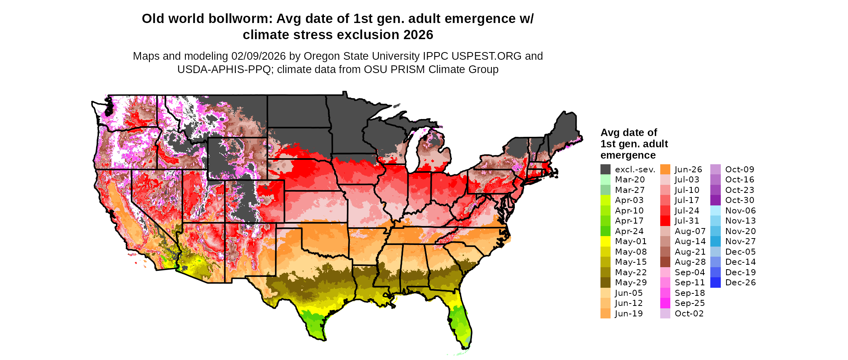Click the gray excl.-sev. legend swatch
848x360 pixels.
605,170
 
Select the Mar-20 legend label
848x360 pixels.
630,180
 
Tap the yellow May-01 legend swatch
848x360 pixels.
605,241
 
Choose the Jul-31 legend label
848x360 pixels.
687,221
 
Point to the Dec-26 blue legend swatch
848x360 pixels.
715,283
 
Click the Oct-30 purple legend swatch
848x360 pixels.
715,200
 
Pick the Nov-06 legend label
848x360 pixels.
740,211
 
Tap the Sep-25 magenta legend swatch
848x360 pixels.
665,303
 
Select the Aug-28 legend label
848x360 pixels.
690,262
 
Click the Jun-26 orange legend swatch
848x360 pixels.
665,170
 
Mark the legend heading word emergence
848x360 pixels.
628,155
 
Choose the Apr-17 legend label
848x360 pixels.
629,221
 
